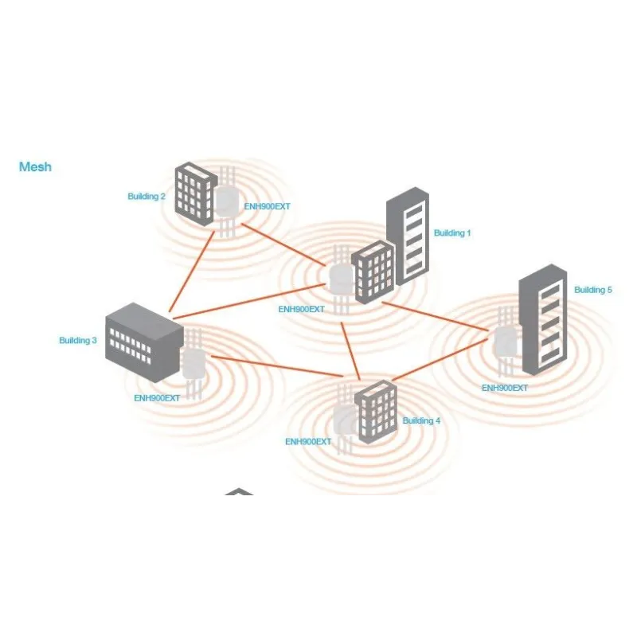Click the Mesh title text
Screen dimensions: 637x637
pos(35,167)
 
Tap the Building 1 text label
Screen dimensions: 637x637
pos(452,233)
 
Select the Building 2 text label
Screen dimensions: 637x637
pos(147,197)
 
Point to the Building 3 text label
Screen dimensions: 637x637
pos(78,341)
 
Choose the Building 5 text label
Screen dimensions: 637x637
pos(593,290)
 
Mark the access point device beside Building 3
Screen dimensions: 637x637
pos(193,364)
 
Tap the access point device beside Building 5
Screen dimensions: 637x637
pos(506,342)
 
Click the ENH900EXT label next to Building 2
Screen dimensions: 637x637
pos(267,207)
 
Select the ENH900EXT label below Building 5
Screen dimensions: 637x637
pos(505,388)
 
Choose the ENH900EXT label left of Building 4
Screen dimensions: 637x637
pos(308,441)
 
